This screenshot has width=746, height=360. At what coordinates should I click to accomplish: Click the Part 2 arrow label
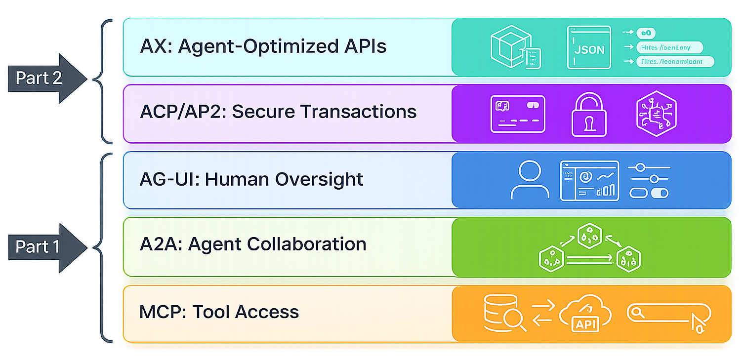click(40, 79)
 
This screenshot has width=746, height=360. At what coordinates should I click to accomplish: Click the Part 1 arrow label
click(39, 246)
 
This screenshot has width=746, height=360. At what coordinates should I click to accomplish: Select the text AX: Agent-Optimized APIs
click(263, 47)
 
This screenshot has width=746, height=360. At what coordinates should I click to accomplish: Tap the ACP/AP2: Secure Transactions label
click(278, 112)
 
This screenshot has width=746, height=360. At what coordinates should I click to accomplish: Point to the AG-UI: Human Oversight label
click(251, 179)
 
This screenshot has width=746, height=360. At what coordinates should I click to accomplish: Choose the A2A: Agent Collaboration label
click(253, 244)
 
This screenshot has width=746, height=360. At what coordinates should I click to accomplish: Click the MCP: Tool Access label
click(219, 312)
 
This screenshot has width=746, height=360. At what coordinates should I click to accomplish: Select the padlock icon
click(588, 115)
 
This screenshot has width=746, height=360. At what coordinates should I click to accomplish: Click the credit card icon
click(518, 114)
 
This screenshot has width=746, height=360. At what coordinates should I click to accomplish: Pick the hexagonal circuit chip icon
click(656, 114)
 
